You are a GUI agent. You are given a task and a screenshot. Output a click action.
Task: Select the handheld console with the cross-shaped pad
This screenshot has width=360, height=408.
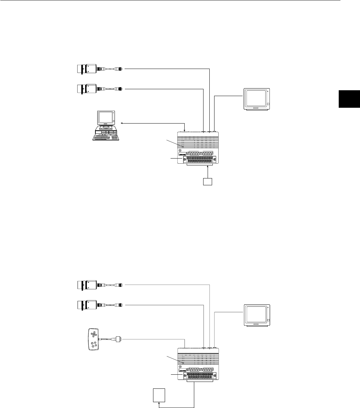[x=93, y=339]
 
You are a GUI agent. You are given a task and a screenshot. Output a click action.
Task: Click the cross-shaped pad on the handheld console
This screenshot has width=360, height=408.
[x=93, y=334]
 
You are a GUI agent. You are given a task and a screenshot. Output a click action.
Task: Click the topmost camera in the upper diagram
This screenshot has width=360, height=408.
[x=86, y=69]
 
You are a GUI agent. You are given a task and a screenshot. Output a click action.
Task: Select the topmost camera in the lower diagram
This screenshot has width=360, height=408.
[x=86, y=285]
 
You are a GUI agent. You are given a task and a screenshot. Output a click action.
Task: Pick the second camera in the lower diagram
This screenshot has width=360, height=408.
[x=86, y=305]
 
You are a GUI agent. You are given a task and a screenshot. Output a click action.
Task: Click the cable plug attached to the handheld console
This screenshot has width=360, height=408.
[x=118, y=339]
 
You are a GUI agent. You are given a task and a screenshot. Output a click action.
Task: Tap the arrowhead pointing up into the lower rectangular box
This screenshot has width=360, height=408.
[x=159, y=404]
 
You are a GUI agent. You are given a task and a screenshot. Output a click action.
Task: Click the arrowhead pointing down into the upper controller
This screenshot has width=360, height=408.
[x=185, y=131]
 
